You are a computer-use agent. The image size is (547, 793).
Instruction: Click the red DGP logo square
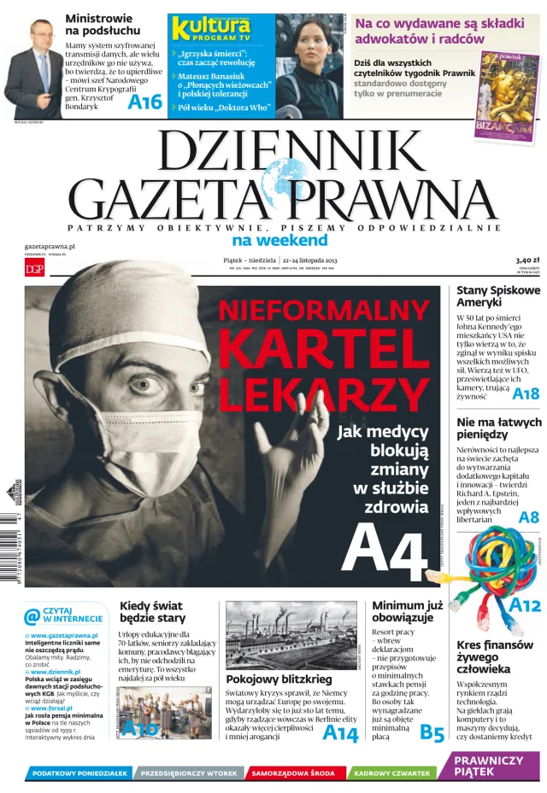(x=34, y=269)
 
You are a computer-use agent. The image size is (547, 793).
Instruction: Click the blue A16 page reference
(x=144, y=102)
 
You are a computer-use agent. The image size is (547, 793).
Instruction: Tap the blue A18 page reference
(x=526, y=394)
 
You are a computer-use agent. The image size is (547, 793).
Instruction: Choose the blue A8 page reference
(x=529, y=517)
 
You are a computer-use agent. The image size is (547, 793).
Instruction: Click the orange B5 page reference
(x=432, y=733)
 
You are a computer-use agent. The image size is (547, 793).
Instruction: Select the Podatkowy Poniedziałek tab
(x=79, y=773)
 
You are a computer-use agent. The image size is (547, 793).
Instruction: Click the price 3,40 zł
(x=527, y=259)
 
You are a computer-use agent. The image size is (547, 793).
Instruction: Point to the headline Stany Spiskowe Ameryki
(x=497, y=296)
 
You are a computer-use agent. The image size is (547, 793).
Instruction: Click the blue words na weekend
(x=279, y=240)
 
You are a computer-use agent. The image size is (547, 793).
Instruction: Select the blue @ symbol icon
(x=32, y=616)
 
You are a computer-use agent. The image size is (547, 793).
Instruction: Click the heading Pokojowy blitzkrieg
(x=267, y=679)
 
